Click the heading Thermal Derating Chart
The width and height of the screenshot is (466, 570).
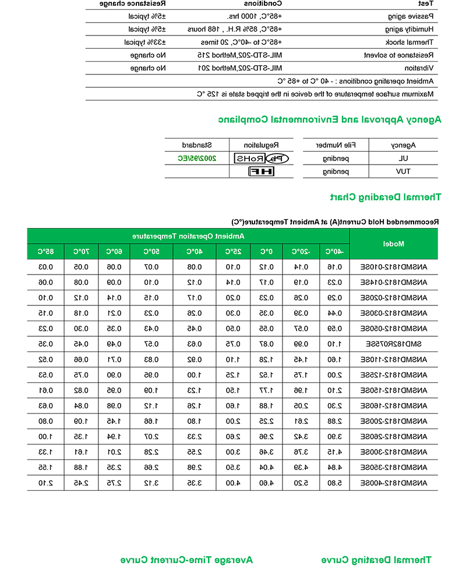(386, 197)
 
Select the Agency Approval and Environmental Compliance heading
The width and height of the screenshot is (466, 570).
(330, 120)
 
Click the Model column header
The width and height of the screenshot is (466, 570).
(394, 244)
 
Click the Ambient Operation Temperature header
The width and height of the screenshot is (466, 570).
(188, 236)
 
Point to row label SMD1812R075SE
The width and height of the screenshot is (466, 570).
(394, 343)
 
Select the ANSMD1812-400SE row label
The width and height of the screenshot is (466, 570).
(394, 482)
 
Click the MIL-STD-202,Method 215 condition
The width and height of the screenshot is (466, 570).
(241, 55)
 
